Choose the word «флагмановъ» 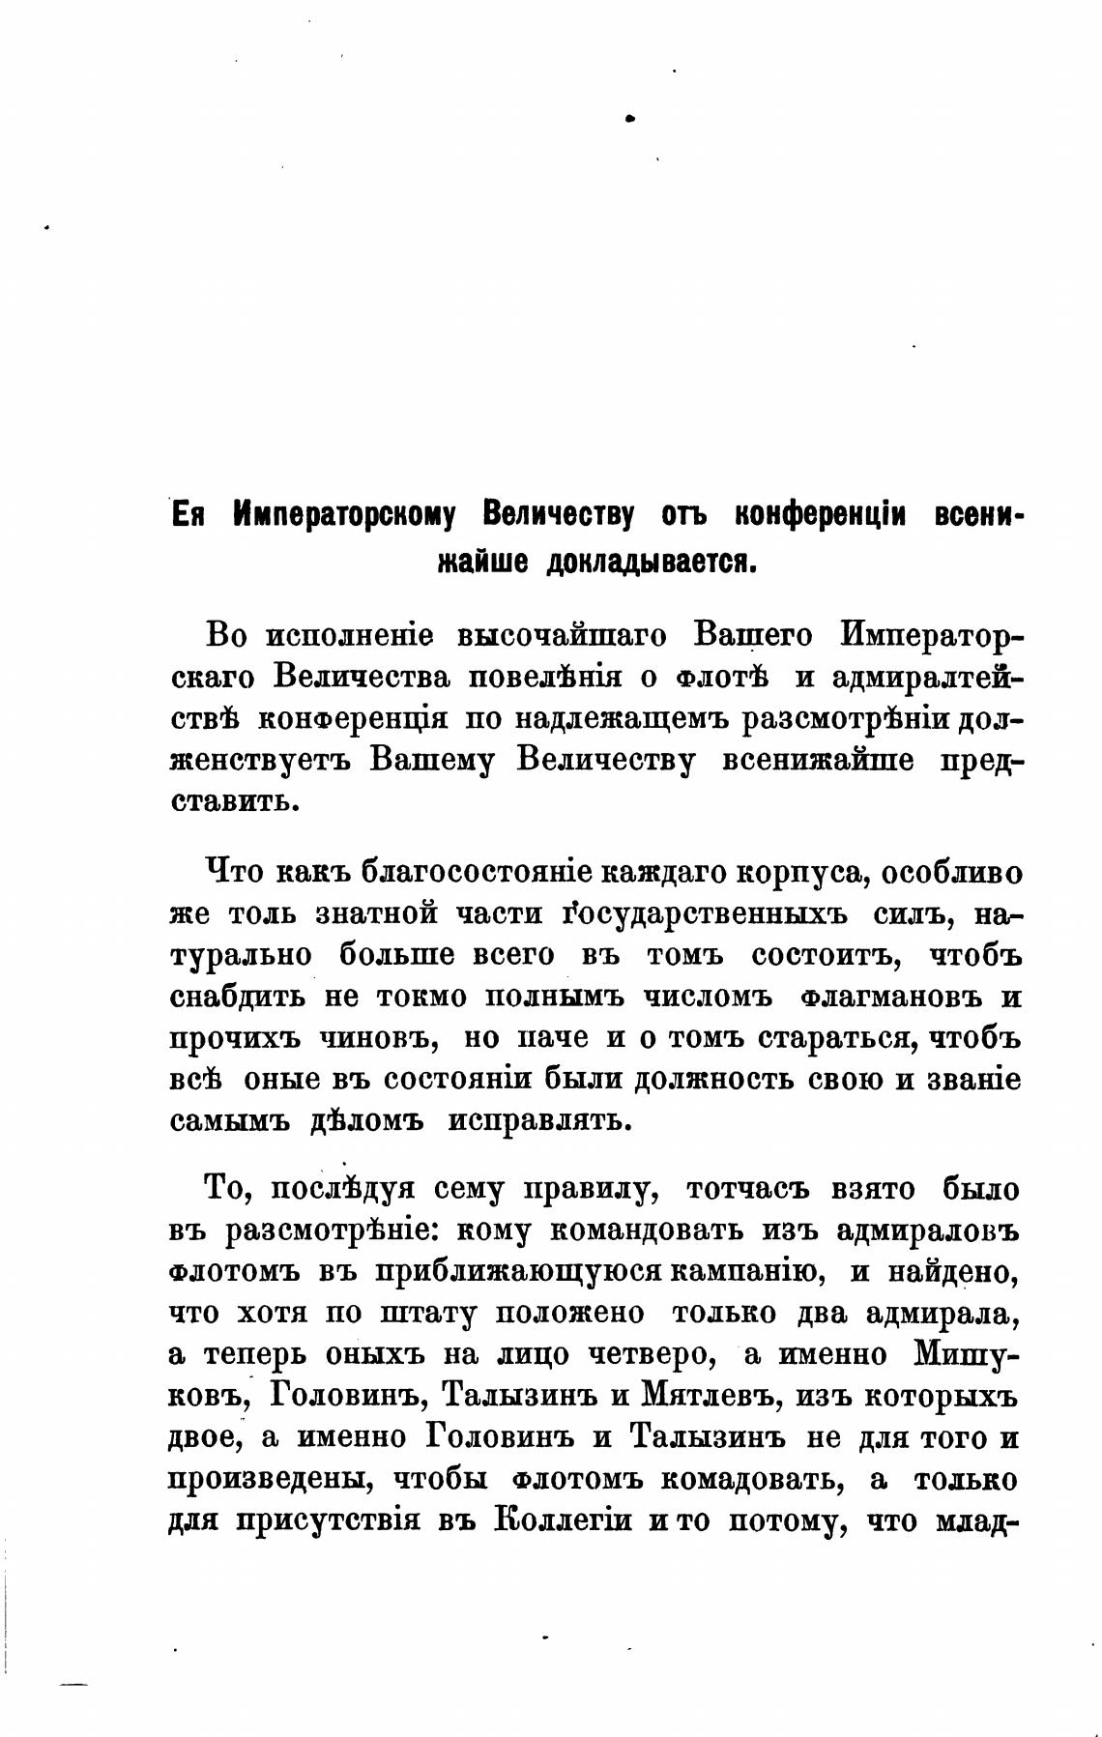(x=890, y=997)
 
